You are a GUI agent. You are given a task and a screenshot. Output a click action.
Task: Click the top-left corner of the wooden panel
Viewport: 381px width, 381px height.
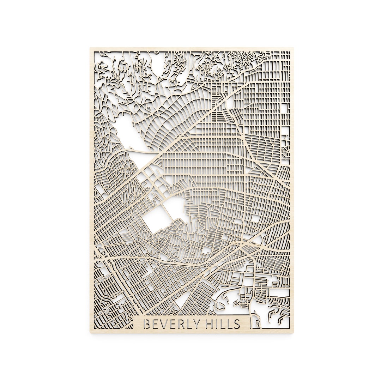(x=90, y=48)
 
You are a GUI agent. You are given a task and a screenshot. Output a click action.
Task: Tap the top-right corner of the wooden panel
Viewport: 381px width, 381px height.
(x=294, y=48)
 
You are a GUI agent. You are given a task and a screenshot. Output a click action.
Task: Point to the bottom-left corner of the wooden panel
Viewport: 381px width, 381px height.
(x=90, y=333)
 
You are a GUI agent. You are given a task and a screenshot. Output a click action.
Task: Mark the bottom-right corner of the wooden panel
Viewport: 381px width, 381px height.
(x=294, y=333)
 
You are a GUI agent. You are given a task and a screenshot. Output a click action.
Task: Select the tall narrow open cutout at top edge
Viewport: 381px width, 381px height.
(x=158, y=64)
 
